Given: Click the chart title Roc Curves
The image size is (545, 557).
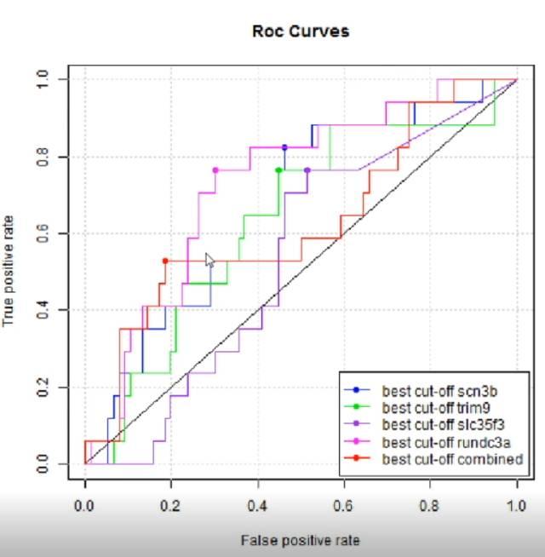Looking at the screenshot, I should [300, 32].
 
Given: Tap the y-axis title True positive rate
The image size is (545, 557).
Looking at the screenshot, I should [10, 272].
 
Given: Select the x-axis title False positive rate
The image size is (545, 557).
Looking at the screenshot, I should [301, 540].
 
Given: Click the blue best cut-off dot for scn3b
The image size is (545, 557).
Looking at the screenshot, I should [284, 147].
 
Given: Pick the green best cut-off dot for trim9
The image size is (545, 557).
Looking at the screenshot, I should [278, 170].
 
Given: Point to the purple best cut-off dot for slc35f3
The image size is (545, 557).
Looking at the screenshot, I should [307, 170].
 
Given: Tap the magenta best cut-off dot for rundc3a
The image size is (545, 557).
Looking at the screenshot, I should [215, 170].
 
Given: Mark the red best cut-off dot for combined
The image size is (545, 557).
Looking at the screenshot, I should [165, 261].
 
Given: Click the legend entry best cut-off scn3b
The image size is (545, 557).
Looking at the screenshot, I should [439, 392].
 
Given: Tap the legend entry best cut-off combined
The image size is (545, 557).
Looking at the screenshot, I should [451, 460].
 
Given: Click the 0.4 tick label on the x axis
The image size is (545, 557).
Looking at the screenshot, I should [258, 506].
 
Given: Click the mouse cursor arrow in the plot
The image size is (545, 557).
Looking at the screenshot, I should [209, 260].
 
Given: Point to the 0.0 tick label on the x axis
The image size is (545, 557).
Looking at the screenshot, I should [85, 506].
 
